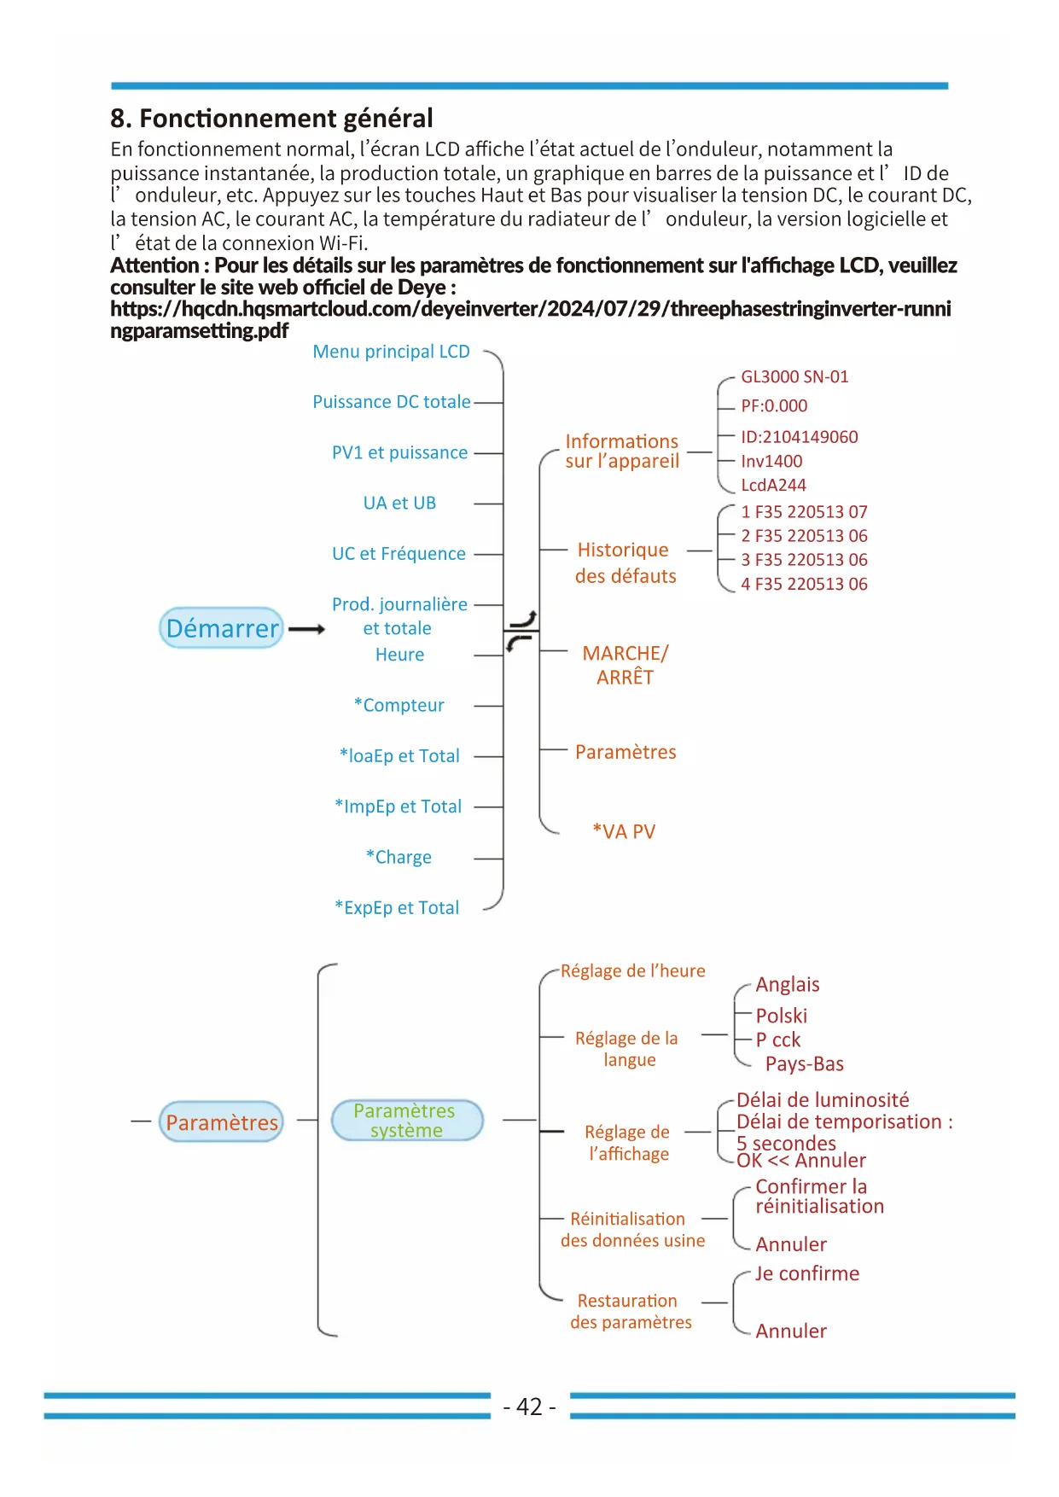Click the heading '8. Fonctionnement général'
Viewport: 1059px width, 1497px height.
[271, 118]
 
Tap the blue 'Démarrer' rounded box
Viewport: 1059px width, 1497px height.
[221, 628]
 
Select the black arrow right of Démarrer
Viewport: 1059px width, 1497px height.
[306, 629]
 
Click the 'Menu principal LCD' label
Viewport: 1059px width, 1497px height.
[391, 352]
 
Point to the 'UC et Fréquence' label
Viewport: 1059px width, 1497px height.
[399, 554]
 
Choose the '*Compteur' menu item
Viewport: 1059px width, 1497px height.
[399, 705]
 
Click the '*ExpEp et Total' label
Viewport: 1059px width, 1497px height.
[397, 907]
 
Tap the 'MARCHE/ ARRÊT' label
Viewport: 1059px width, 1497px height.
[625, 665]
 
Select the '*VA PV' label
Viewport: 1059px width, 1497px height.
[624, 831]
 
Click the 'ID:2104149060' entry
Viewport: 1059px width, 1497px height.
[799, 437]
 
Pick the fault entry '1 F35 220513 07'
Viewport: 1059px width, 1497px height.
[804, 512]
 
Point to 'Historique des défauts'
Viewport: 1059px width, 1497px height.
[625, 562]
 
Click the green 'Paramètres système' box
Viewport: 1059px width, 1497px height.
[406, 1120]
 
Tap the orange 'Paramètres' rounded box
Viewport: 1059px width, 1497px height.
[221, 1122]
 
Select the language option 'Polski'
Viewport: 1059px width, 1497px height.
[781, 1016]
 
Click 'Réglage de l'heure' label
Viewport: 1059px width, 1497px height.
[632, 971]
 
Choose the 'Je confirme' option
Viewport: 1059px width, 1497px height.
[806, 1273]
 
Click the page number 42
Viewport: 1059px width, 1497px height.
[529, 1407]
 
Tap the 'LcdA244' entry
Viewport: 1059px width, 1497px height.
[773, 485]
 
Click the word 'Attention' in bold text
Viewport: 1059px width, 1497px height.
[154, 265]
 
